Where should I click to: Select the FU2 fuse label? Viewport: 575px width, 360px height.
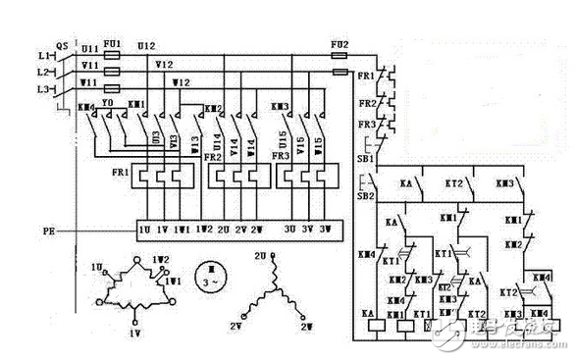click(339, 44)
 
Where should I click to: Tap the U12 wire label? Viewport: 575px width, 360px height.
click(145, 45)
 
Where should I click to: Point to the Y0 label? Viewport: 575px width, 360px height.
click(108, 103)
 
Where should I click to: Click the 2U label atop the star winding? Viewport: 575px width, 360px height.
click(262, 255)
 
